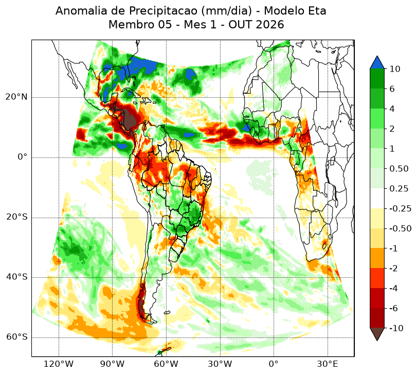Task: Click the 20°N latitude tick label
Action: (16, 97)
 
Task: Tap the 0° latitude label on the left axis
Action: (22, 157)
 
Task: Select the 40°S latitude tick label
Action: (16, 277)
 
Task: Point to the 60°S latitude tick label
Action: (16, 337)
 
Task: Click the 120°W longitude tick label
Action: (58, 364)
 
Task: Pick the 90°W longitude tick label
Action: (112, 364)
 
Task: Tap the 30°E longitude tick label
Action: (328, 364)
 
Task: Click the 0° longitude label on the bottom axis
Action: (274, 364)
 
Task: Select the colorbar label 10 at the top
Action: (395, 69)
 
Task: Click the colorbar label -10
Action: (396, 328)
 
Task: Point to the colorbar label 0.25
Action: (399, 189)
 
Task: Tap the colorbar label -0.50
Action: (400, 228)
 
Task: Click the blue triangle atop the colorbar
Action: (377, 63)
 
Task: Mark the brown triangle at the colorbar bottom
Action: (377, 333)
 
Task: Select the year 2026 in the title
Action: (269, 25)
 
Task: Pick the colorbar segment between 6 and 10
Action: (377, 79)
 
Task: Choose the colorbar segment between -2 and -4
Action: (377, 278)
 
